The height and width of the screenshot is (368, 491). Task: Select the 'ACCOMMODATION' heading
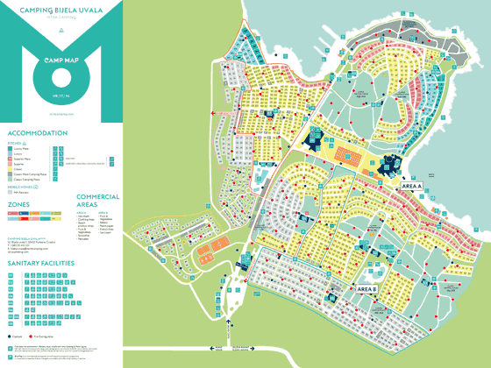37,133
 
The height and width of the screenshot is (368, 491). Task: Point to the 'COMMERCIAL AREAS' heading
97,201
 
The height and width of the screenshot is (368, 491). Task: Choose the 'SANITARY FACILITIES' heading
43,262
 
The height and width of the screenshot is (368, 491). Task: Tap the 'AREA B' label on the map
366,288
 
